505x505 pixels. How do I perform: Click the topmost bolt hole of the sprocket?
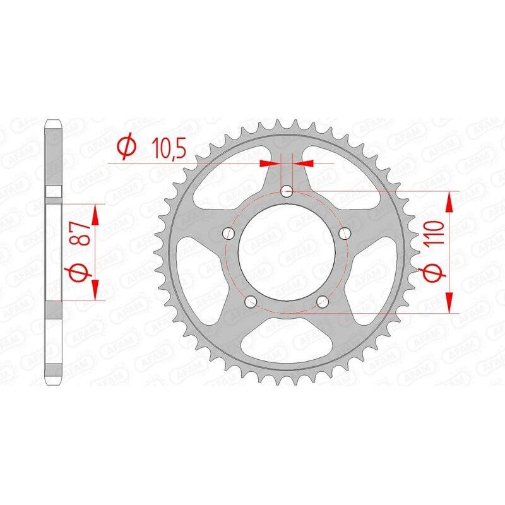(x=288, y=191)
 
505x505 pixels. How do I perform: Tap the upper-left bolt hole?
(x=229, y=234)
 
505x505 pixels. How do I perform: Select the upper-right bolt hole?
(x=345, y=234)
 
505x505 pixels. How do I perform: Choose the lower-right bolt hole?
(x=324, y=301)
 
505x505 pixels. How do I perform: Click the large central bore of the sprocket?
(x=287, y=252)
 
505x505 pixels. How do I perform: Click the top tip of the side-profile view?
(x=54, y=119)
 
